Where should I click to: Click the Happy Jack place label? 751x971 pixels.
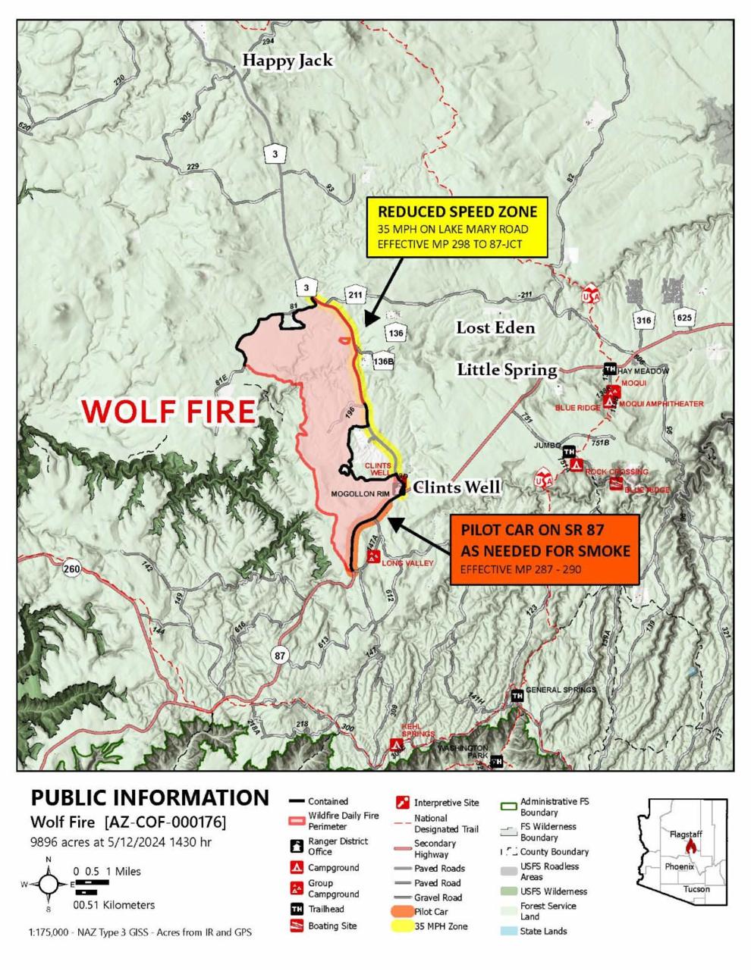(288, 61)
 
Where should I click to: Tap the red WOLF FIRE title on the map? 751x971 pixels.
(168, 412)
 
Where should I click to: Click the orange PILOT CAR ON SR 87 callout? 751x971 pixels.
(545, 549)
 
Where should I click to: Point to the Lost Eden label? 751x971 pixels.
(495, 327)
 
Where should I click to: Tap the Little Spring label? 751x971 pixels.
(506, 369)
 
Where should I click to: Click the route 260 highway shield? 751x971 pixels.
(72, 569)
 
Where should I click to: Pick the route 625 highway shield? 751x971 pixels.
(684, 318)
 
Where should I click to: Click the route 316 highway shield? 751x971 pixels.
(643, 320)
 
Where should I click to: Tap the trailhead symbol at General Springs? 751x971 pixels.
(517, 696)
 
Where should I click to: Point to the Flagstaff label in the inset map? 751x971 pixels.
(686, 834)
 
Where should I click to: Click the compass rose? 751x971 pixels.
(49, 884)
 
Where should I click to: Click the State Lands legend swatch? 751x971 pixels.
(509, 931)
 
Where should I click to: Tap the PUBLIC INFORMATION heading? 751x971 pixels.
(149, 797)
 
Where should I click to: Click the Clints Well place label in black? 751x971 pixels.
(457, 487)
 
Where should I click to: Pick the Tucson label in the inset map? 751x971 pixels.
(696, 888)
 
